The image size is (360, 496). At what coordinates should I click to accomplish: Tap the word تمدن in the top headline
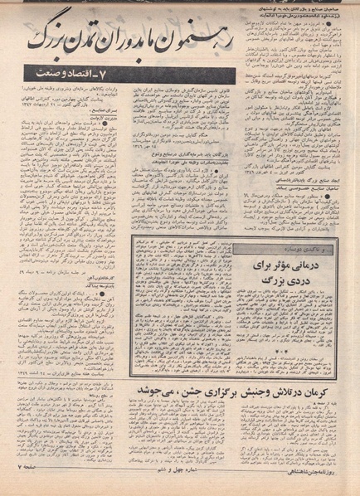click(x=121, y=47)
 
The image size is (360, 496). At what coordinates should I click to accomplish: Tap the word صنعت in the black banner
click(x=38, y=77)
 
